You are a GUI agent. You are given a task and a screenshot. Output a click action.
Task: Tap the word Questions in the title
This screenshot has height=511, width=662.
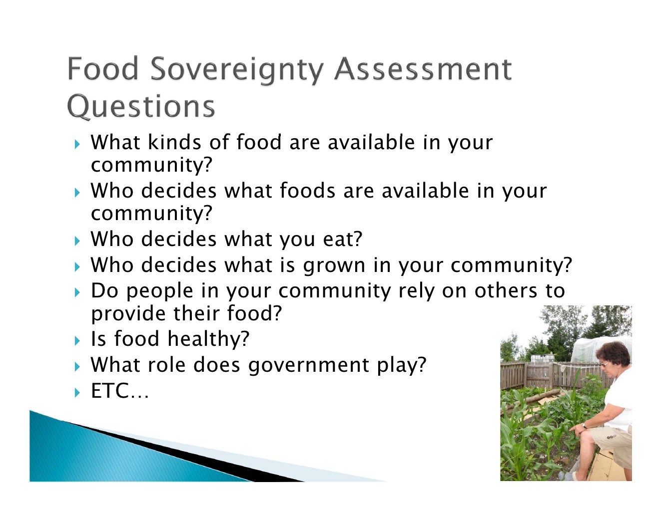coord(141,106)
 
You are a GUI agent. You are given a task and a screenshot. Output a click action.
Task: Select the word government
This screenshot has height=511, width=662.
coord(309,366)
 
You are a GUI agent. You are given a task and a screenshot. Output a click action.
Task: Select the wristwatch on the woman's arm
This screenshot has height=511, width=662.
coord(585,425)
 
